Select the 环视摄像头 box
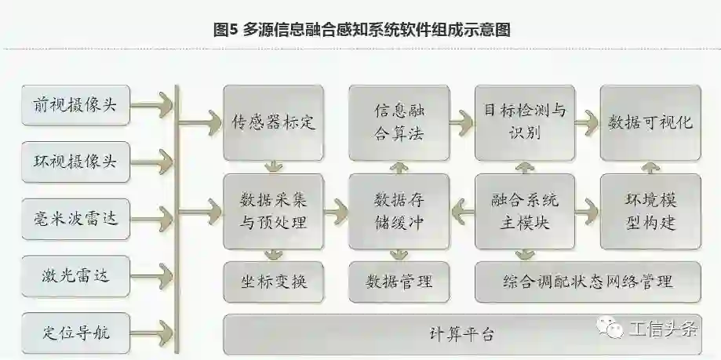coord(75,161)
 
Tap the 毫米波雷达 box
coord(75,217)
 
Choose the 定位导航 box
coord(75,332)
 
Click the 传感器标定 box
coord(273,122)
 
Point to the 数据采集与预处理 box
coord(273,211)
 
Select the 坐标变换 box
coord(273,281)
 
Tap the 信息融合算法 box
coord(399,122)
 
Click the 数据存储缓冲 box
coord(399,211)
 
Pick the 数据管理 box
coord(399,281)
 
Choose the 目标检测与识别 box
coord(524,122)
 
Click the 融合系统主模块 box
coord(524,211)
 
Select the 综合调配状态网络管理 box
coord(588,281)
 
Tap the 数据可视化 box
coord(650,122)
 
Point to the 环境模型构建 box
coord(650,211)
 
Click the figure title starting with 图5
coord(362,30)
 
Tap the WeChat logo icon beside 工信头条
coord(610,328)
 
